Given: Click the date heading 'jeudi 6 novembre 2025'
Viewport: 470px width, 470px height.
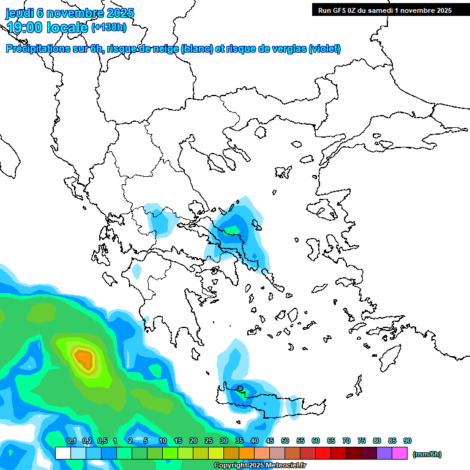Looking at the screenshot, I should [70, 13].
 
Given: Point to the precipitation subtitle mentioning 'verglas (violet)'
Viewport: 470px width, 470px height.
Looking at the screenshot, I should [174, 49].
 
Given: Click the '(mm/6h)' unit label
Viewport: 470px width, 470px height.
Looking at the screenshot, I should [427, 454].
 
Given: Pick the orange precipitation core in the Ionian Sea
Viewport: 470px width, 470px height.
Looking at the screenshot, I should [83, 358].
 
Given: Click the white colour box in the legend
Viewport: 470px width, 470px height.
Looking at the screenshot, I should [62, 453].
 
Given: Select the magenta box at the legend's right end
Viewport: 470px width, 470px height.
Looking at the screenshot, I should [400, 453].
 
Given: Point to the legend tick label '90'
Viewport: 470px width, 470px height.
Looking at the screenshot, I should [408, 441].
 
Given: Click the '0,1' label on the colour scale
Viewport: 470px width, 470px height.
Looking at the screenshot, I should [71, 441].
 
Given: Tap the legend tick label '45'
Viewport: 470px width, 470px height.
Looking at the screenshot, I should [270, 441].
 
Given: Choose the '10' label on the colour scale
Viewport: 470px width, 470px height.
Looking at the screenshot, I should [163, 441].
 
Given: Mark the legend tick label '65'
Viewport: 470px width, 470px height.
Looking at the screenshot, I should [331, 441].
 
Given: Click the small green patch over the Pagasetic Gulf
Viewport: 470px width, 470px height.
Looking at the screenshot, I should [233, 231].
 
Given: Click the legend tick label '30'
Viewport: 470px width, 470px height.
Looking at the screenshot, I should [224, 441].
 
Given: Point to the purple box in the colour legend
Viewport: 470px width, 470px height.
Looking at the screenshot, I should [384, 453].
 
